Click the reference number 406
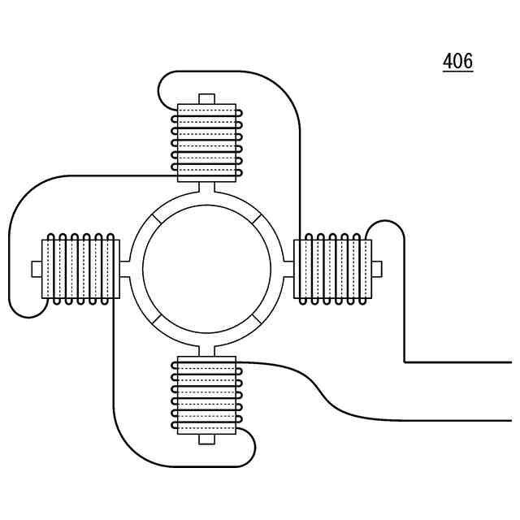pos(457,61)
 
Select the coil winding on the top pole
pos(206,142)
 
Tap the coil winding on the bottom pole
pos(206,395)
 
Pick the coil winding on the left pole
pos(80,269)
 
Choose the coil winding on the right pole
pos(332,269)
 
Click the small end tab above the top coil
pos(206,99)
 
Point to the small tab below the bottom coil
pos(206,439)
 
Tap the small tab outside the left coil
pos(36,269)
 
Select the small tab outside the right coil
pos(376,269)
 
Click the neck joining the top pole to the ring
pos(206,188)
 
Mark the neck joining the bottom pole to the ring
pos(206,350)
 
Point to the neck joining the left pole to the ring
pos(125,269)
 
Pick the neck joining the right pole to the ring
pos(288,269)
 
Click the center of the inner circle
pos(206,269)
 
